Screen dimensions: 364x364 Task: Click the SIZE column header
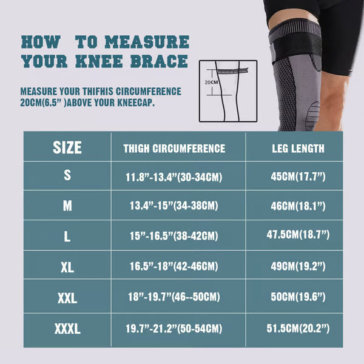pyautogui.click(x=67, y=147)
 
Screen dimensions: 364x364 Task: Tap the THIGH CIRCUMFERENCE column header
pyautogui.click(x=174, y=149)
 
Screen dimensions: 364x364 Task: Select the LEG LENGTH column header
pyautogui.click(x=297, y=149)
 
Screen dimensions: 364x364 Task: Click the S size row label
pyautogui.click(x=67, y=175)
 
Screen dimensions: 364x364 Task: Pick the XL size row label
pyautogui.click(x=67, y=268)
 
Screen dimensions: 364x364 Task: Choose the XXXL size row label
pyautogui.click(x=67, y=328)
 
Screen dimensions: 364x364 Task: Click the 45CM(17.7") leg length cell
pyautogui.click(x=297, y=177)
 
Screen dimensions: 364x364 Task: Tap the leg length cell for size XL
pyautogui.click(x=297, y=268)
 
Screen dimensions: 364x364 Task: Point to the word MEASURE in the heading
pyautogui.click(x=147, y=42)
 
